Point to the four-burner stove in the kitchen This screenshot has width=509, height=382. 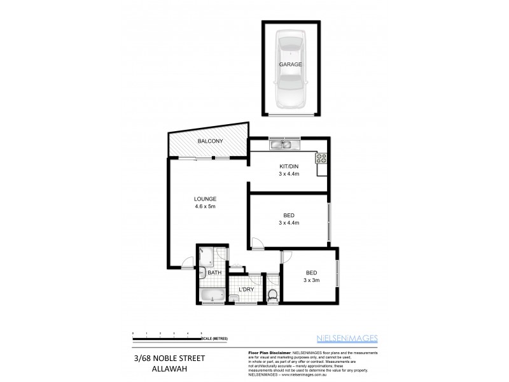[321, 159]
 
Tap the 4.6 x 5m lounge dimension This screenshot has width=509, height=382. [206, 206]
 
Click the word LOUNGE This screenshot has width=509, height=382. [206, 199]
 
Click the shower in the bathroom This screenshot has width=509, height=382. [207, 257]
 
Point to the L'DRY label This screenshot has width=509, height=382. [246, 290]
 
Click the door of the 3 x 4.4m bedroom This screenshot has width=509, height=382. [255, 243]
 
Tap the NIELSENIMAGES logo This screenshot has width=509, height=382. [347, 337]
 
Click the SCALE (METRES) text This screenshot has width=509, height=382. [214, 338]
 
